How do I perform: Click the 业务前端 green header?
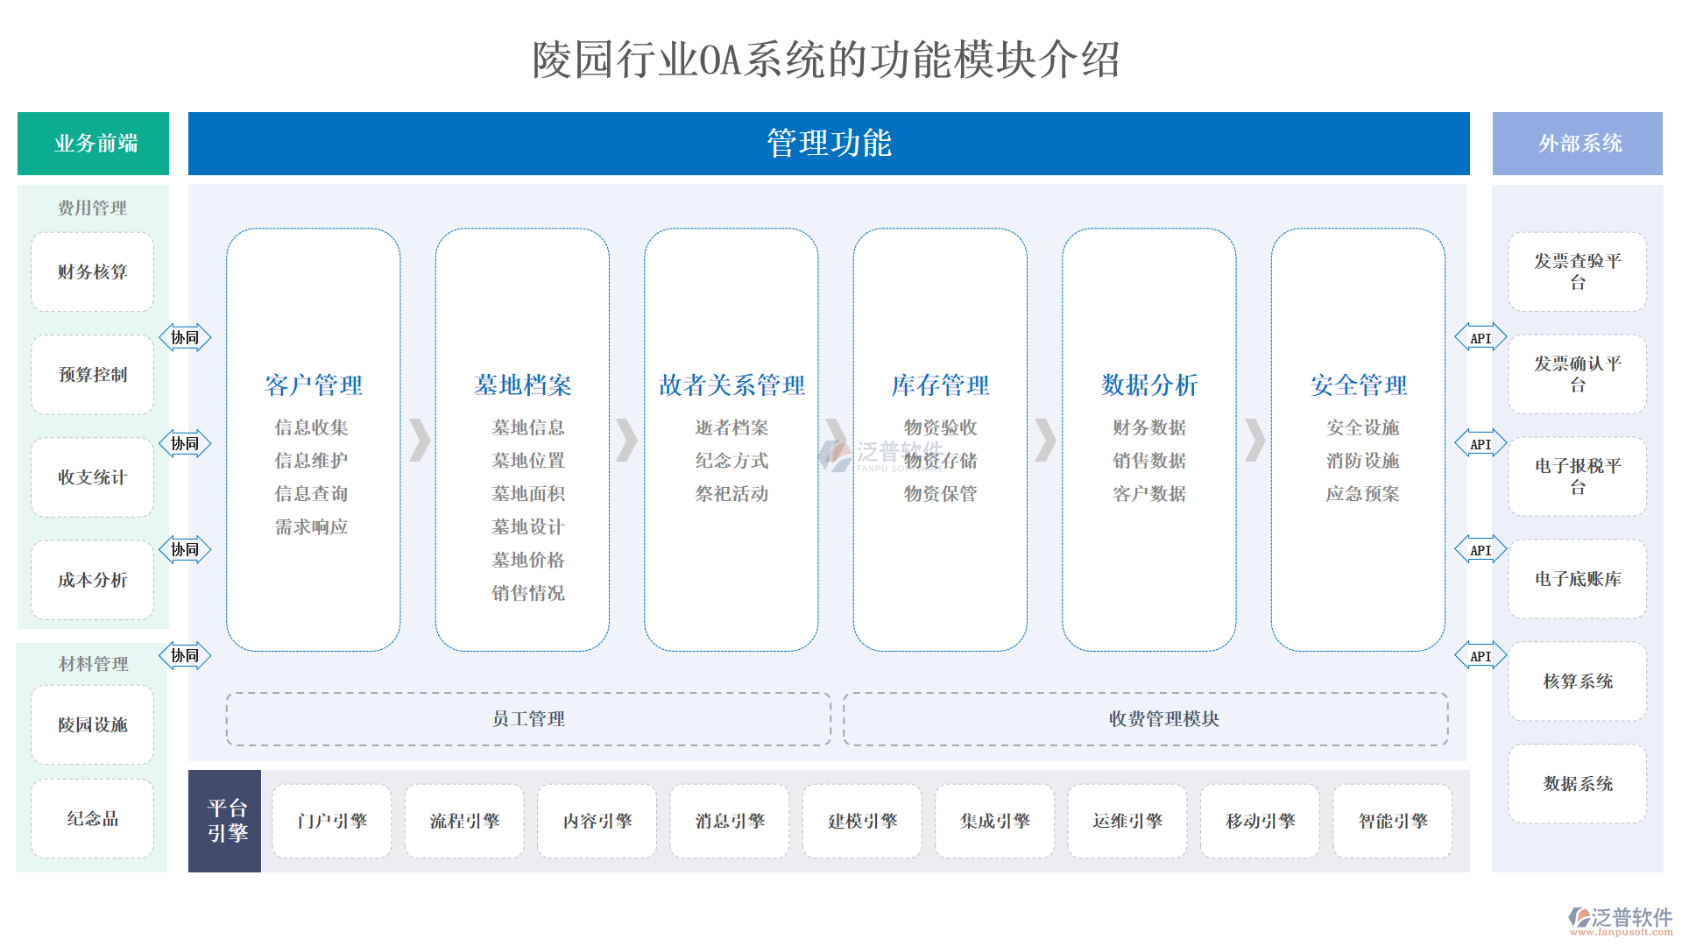click(x=93, y=144)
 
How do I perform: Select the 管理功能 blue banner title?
click(x=828, y=144)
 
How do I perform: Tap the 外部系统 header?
click(x=1577, y=144)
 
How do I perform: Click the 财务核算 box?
click(x=93, y=272)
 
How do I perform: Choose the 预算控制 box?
click(x=93, y=375)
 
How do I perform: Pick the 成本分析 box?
click(x=93, y=580)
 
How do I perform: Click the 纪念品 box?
click(x=93, y=819)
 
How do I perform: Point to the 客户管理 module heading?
click(x=314, y=385)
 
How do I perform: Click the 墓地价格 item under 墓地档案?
click(x=528, y=560)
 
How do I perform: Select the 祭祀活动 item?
click(x=731, y=494)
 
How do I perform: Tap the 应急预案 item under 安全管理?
click(x=1362, y=494)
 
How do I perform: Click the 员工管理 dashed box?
click(x=528, y=719)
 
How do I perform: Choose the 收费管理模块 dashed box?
click(x=1163, y=719)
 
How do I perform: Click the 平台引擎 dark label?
click(x=226, y=821)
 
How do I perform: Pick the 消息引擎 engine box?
click(x=730, y=822)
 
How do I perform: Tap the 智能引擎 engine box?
click(x=1393, y=822)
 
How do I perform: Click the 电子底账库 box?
click(x=1577, y=579)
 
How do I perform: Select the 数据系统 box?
click(x=1577, y=784)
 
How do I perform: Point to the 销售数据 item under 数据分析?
click(x=1149, y=461)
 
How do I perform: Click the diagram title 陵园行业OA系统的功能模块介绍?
click(x=826, y=60)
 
